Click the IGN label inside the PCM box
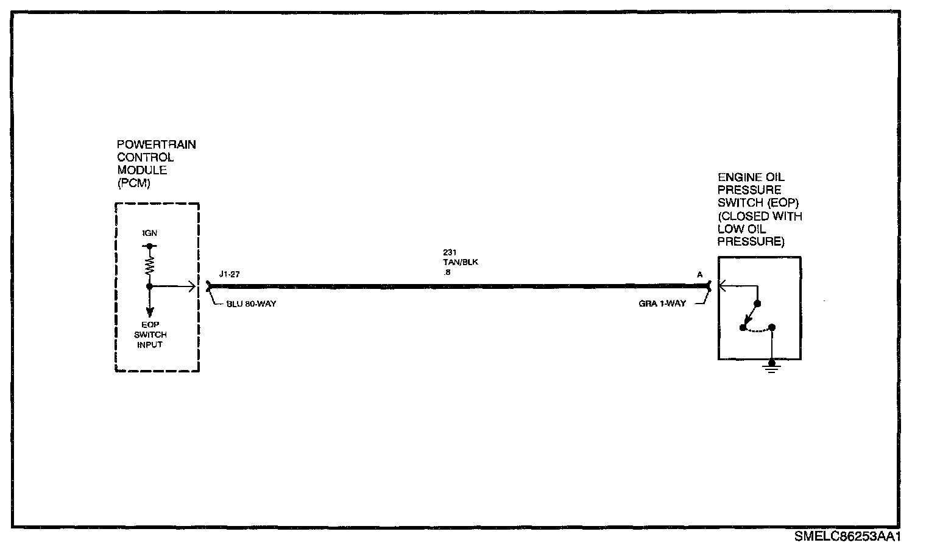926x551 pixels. click(x=149, y=234)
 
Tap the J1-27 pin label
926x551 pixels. click(x=230, y=274)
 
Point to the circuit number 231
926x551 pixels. click(x=450, y=252)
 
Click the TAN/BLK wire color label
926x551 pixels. click(x=457, y=262)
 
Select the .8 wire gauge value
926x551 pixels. click(x=447, y=272)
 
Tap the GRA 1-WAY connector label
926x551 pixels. click(x=662, y=304)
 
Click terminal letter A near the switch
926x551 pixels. click(x=700, y=275)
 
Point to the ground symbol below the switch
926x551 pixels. click(x=772, y=367)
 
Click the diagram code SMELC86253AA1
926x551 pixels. click(x=847, y=537)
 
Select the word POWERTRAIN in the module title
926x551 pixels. click(x=157, y=145)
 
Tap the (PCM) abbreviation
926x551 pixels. click(x=134, y=183)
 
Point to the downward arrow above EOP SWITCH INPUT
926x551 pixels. click(x=149, y=310)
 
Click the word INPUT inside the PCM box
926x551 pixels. click(x=150, y=345)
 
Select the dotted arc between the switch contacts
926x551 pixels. click(x=757, y=330)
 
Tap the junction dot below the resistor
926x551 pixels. click(x=149, y=285)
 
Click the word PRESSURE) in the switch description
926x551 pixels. click(x=751, y=242)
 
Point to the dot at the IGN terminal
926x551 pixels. click(x=149, y=246)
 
